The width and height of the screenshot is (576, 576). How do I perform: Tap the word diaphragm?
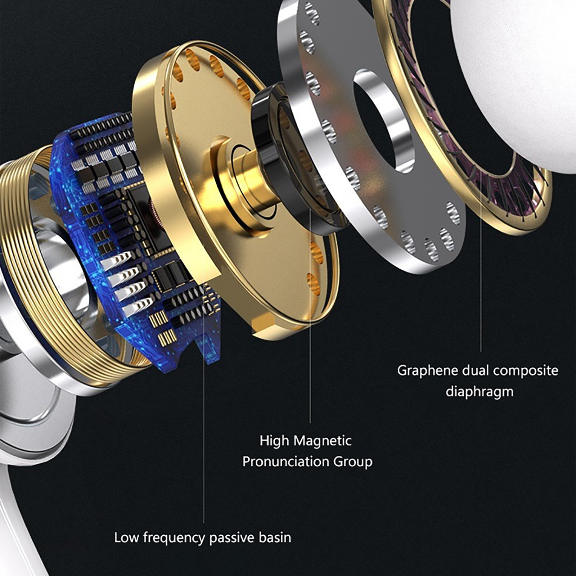480,392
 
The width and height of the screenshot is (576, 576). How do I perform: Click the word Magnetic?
323,441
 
